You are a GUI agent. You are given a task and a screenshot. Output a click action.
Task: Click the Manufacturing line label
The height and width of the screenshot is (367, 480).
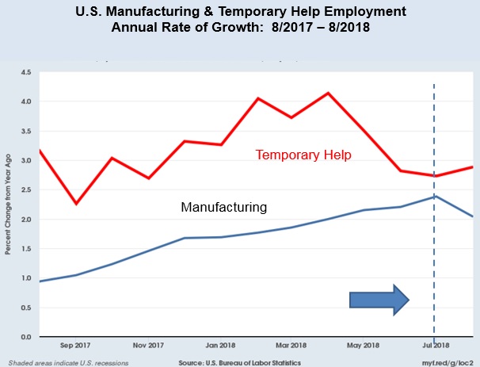coord(223,208)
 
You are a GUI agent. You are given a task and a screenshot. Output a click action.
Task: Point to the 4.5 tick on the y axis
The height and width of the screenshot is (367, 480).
coord(25,73)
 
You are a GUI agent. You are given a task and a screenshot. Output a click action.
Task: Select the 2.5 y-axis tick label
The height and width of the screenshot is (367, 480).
coord(25,190)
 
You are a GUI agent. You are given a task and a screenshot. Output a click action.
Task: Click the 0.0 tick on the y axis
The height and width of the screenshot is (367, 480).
coord(25,337)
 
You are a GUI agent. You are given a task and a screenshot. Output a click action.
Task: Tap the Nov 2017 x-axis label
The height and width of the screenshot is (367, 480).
coord(148,346)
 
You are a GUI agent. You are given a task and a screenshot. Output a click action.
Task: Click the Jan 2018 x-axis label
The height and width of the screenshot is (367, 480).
coord(220,346)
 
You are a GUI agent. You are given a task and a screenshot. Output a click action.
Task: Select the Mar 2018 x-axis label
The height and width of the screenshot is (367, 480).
coord(291,346)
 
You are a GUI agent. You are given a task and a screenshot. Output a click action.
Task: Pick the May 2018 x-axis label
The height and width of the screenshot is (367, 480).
coord(364,346)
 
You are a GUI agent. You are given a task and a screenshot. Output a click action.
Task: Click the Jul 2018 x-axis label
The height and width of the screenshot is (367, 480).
coord(433,346)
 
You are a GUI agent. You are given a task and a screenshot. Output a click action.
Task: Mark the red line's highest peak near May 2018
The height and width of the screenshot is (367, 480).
coord(328,93)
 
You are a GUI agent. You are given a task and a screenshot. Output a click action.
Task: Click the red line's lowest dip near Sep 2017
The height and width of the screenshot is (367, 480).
coord(76,204)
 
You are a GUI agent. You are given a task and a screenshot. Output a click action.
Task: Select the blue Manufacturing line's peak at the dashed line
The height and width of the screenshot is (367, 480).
coord(433,196)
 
